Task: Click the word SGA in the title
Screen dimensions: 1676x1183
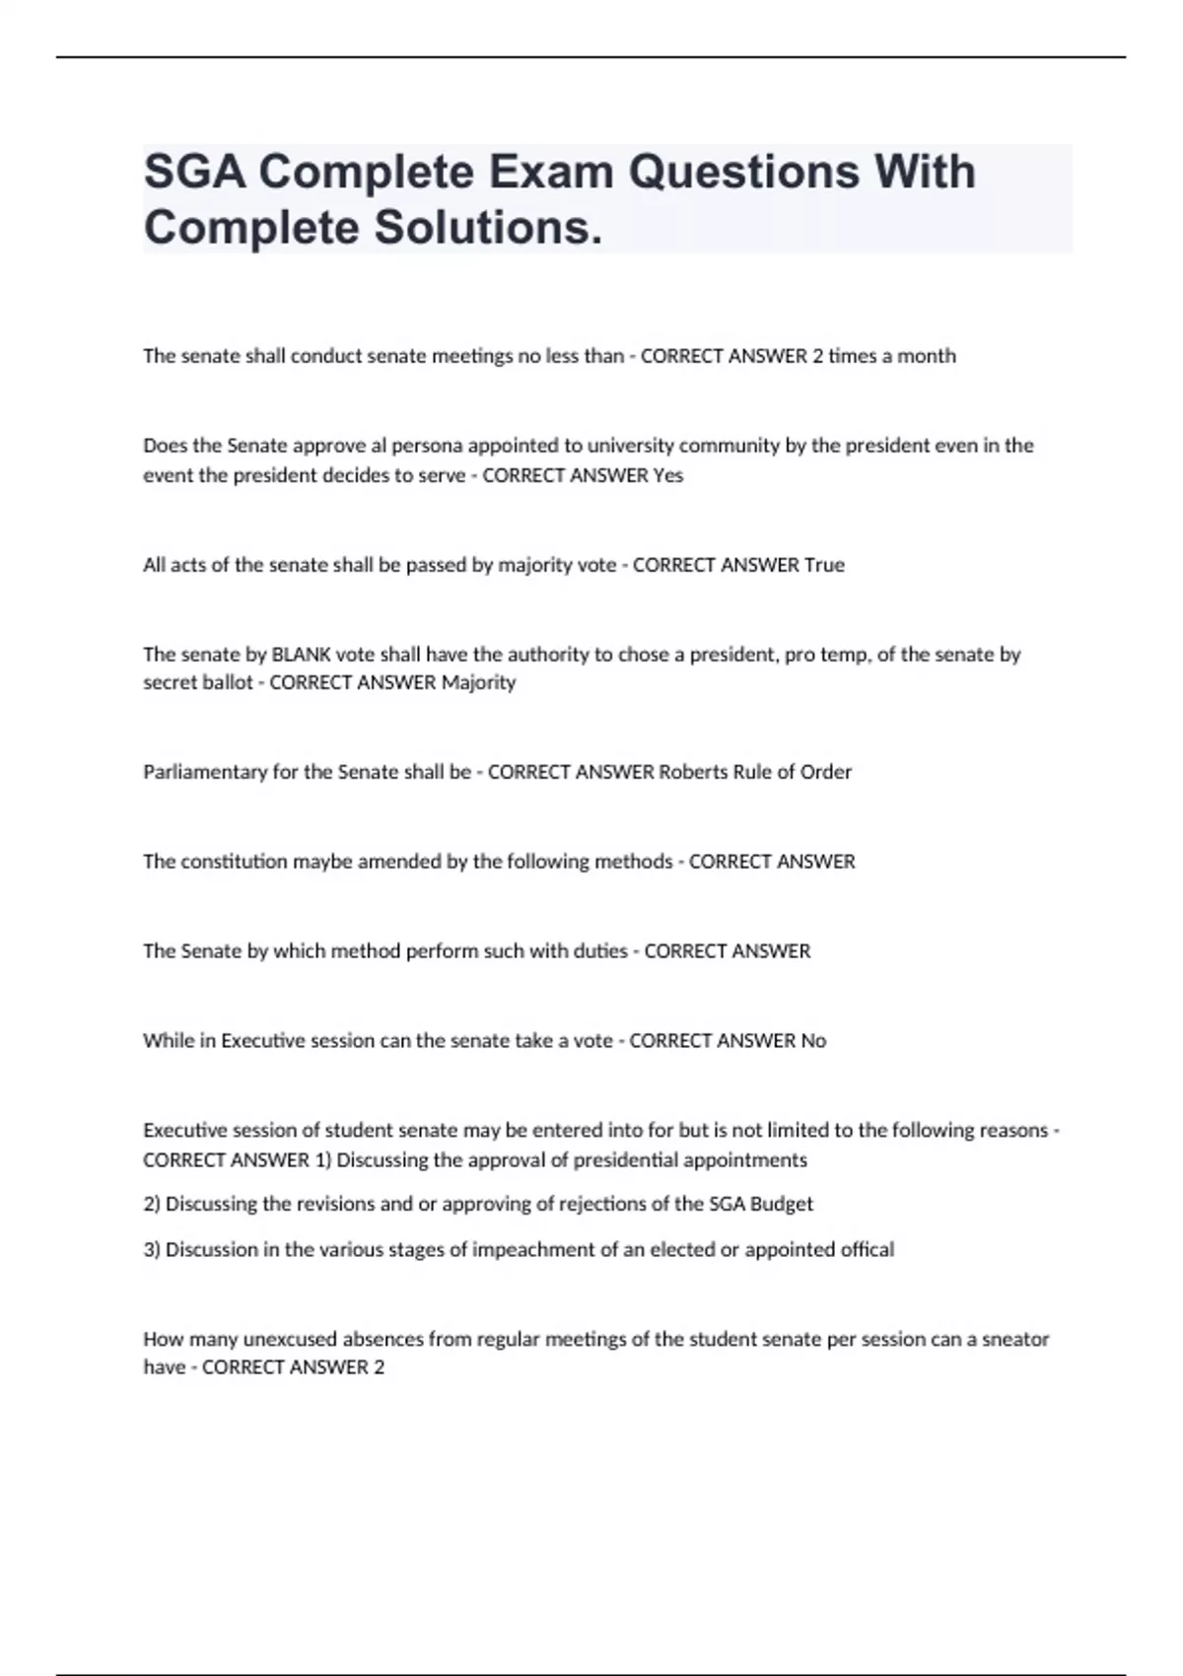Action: (194, 173)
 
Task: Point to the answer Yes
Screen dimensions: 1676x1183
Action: (668, 475)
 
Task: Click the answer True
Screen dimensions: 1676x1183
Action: (824, 565)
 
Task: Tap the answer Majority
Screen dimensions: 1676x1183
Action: (478, 682)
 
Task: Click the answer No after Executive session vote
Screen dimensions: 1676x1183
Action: (813, 1041)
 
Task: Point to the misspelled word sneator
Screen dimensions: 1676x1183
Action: (1015, 1340)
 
